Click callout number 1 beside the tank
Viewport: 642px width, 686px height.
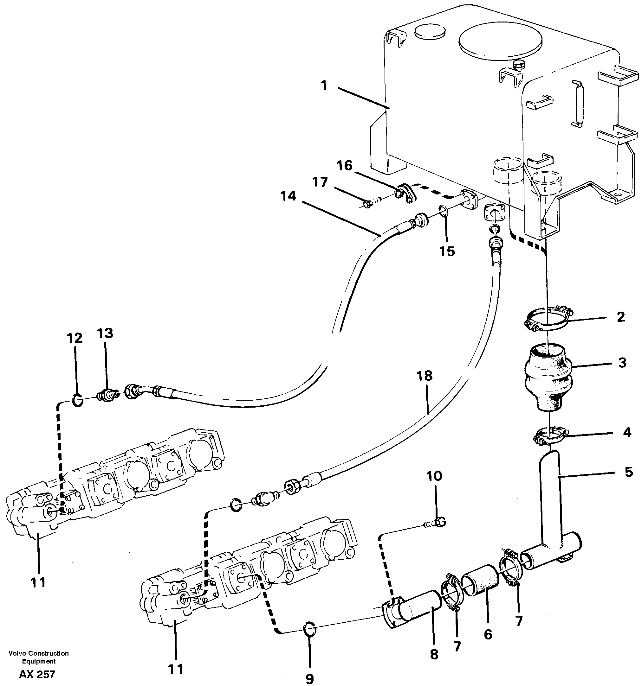[324, 86]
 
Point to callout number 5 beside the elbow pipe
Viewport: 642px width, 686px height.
[629, 472]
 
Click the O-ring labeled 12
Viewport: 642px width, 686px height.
[77, 400]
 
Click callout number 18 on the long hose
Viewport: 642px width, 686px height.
[425, 376]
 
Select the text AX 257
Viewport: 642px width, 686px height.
[37, 675]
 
